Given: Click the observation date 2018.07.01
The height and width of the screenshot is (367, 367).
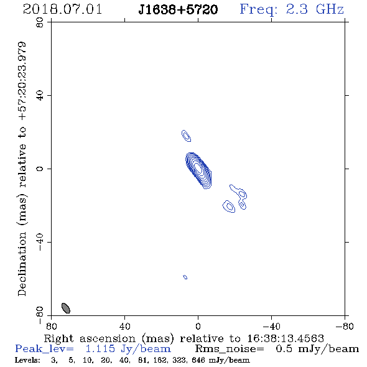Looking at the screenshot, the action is (x=62, y=9).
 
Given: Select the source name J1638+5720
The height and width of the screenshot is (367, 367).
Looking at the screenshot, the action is (x=178, y=10).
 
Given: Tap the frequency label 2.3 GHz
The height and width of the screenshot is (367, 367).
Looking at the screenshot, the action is (x=315, y=9).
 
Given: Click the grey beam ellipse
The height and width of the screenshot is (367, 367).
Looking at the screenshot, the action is (x=66, y=308).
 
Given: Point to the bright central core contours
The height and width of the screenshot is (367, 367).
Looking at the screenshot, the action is (x=198, y=170).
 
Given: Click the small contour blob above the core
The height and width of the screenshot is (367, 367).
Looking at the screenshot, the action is (x=187, y=136).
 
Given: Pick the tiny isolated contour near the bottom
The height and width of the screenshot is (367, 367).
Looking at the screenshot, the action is (x=185, y=277).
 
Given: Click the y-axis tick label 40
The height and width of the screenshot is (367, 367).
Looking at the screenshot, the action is (x=40, y=96).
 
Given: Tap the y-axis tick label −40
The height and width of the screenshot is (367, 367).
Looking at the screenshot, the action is (x=40, y=242).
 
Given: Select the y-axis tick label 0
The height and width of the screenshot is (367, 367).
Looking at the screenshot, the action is (x=40, y=169).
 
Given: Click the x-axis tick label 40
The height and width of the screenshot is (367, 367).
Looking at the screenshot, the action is (x=124, y=326).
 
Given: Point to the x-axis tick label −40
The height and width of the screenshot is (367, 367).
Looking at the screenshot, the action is (x=271, y=326).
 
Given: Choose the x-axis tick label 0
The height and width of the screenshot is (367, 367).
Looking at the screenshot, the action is (x=198, y=326).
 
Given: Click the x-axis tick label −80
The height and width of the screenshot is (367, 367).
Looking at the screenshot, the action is (x=345, y=326).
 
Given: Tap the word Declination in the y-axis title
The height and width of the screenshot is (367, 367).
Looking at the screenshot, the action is (x=22, y=264).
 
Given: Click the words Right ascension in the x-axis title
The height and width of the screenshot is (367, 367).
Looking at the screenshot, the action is (x=90, y=338).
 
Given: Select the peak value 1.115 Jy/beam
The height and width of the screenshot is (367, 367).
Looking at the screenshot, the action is (x=128, y=349).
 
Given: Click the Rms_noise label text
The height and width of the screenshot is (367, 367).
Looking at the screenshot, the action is (x=230, y=349).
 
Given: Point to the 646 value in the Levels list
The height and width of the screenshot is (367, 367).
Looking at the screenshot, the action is (x=198, y=360).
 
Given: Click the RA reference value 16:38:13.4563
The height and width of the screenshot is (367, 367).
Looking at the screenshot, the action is (x=286, y=338).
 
